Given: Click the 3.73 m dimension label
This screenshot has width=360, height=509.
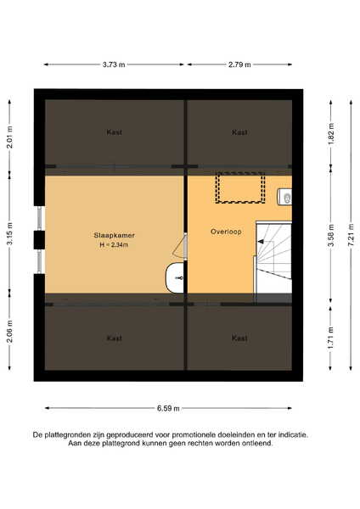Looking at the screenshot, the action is [x=114, y=64].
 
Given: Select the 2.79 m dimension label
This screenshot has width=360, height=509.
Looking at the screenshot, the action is [x=239, y=64].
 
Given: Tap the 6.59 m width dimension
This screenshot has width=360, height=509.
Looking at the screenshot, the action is [x=168, y=408].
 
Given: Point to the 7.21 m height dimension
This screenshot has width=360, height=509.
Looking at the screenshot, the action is [x=352, y=235].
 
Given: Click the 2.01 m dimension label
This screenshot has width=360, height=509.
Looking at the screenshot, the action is [x=9, y=137].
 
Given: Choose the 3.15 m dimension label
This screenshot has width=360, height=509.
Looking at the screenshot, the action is [x=9, y=234].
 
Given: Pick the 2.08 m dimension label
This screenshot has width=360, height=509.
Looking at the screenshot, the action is [x=9, y=331].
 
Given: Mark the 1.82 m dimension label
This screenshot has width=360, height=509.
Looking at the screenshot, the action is [x=331, y=134].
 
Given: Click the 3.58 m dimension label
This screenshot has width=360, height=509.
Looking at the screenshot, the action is [x=331, y=235].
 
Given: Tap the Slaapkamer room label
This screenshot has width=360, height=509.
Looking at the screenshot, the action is [x=114, y=235].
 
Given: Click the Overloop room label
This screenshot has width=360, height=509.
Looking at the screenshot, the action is [x=226, y=232].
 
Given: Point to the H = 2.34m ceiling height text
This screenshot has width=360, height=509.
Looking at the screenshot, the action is [x=114, y=245].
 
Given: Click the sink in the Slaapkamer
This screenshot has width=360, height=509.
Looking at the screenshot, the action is [x=175, y=278].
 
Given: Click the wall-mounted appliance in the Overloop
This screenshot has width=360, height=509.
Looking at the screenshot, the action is [x=284, y=197].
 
